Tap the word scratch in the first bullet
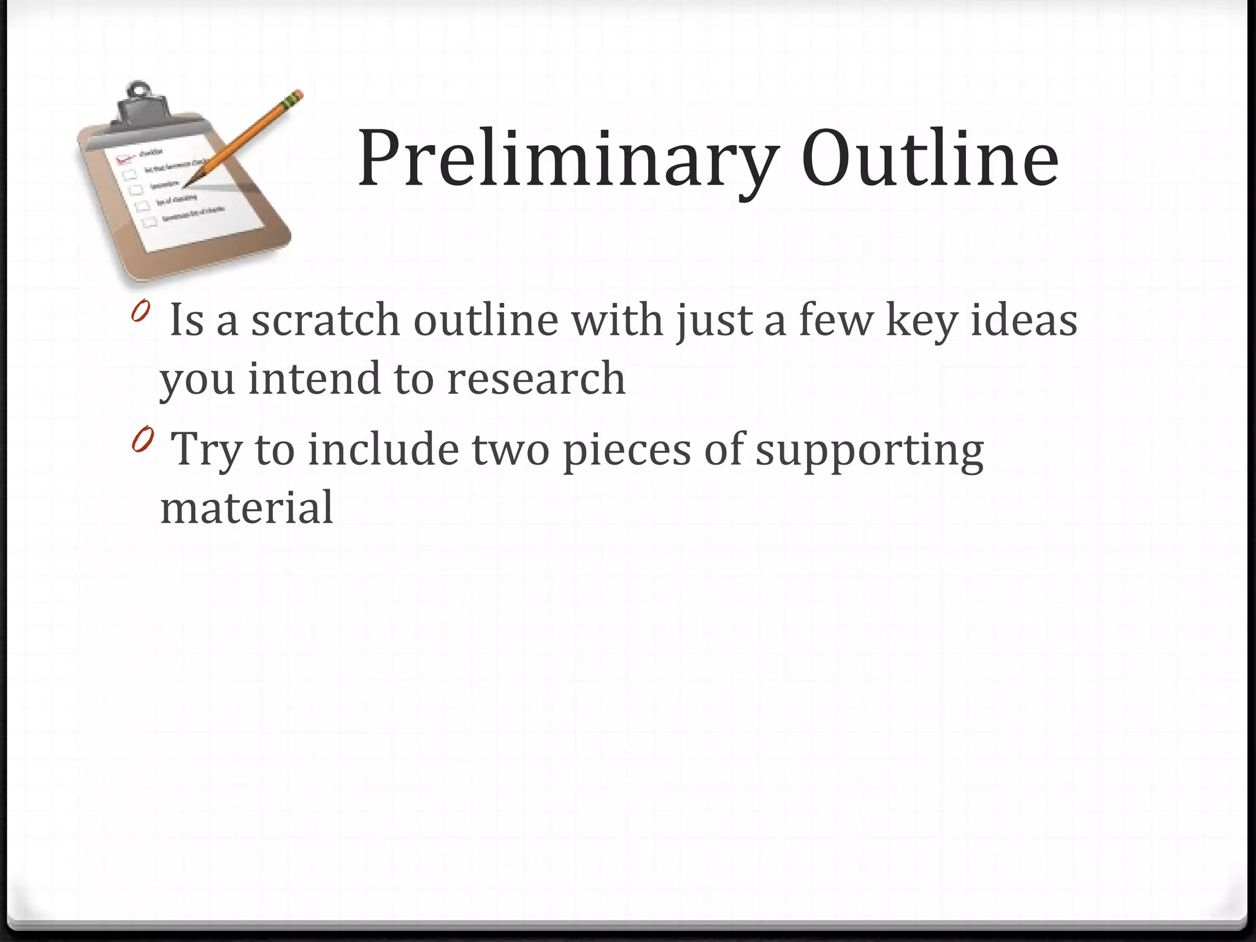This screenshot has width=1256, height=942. pos(326,320)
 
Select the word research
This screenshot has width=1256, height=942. pos(536,378)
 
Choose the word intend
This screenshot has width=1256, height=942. pos(315,378)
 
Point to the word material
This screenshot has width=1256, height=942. pos(247,508)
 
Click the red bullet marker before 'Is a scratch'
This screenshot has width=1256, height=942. pos(140,312)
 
